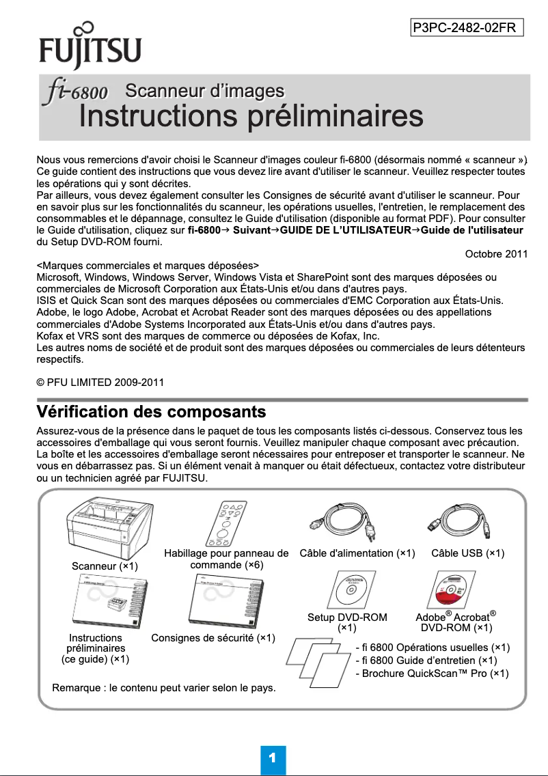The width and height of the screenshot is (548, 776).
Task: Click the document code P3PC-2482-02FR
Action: click(x=467, y=27)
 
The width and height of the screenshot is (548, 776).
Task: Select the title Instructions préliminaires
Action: click(x=251, y=116)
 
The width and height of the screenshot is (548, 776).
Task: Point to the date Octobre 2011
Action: click(x=495, y=255)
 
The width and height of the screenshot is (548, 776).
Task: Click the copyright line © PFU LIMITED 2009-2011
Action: click(x=100, y=381)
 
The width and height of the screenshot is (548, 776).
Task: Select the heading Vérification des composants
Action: click(x=150, y=413)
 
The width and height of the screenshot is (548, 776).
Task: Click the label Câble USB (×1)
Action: click(x=468, y=553)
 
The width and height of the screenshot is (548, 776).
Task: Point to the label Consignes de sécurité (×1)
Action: click(x=213, y=638)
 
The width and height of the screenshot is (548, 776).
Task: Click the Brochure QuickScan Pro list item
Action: click(x=432, y=673)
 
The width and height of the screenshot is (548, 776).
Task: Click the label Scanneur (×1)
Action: click(x=105, y=566)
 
